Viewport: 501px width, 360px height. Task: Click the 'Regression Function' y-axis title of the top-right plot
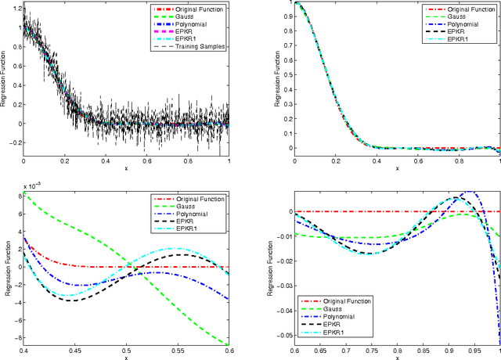pyautogui.click(x=267, y=77)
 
